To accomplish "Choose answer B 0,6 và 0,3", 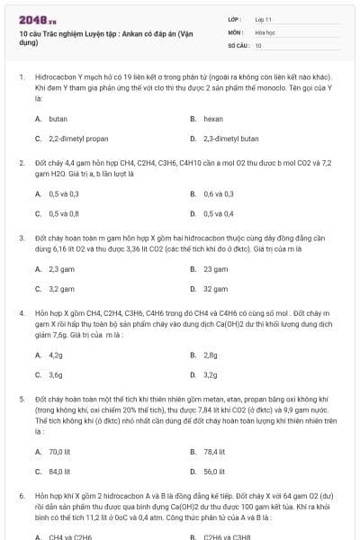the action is pyautogui.click(x=218, y=193).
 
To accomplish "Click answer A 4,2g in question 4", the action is pyautogui.click(x=55, y=355).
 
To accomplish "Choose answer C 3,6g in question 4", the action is pyautogui.click(x=55, y=374).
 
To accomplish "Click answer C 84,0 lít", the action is pyautogui.click(x=59, y=471).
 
